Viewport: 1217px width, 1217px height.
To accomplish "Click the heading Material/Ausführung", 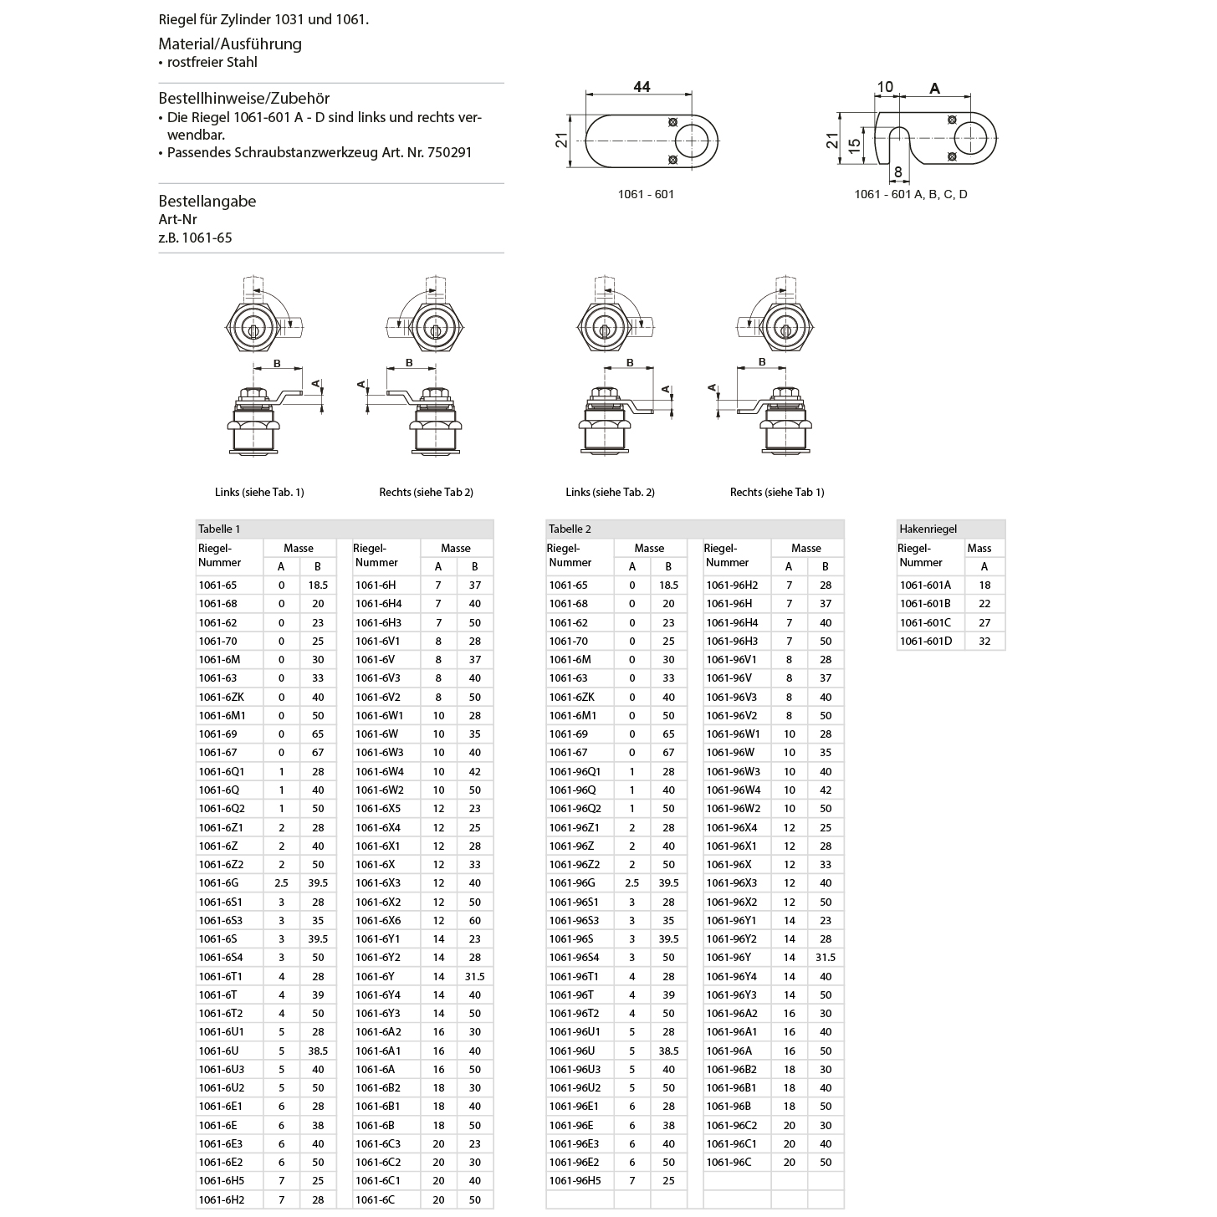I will pyautogui.click(x=230, y=44).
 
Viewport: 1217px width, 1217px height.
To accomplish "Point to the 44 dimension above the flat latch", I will pyautogui.click(x=642, y=87).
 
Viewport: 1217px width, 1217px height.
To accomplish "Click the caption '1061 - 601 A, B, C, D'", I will pyautogui.click(x=910, y=194).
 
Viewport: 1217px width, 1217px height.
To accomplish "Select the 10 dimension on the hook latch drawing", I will pyautogui.click(x=885, y=87).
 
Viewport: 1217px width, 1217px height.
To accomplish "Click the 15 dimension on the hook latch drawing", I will pyautogui.click(x=854, y=143).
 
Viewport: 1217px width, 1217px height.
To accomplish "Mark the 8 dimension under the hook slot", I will pyautogui.click(x=898, y=172).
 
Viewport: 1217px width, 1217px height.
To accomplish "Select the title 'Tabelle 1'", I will pyautogui.click(x=219, y=529).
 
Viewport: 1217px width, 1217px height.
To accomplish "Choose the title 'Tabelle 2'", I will pyautogui.click(x=570, y=529).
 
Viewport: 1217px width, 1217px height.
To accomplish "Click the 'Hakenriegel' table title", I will pyautogui.click(x=928, y=529).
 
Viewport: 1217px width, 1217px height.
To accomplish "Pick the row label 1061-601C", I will pyautogui.click(x=925, y=622).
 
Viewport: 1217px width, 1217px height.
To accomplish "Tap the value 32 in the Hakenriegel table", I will pyautogui.click(x=984, y=642).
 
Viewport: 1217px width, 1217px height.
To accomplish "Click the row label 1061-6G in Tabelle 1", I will pyautogui.click(x=218, y=883).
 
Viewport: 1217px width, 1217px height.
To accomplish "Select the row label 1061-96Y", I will pyautogui.click(x=729, y=958).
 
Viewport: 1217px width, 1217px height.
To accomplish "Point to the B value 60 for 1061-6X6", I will pyautogui.click(x=474, y=920).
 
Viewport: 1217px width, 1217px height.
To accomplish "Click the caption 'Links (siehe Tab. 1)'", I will pyautogui.click(x=259, y=492).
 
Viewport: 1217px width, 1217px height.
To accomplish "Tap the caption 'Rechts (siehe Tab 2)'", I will pyautogui.click(x=426, y=492).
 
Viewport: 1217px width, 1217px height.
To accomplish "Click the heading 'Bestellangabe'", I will pyautogui.click(x=207, y=202).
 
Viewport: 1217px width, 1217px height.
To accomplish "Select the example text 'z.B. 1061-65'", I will pyautogui.click(x=196, y=238).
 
